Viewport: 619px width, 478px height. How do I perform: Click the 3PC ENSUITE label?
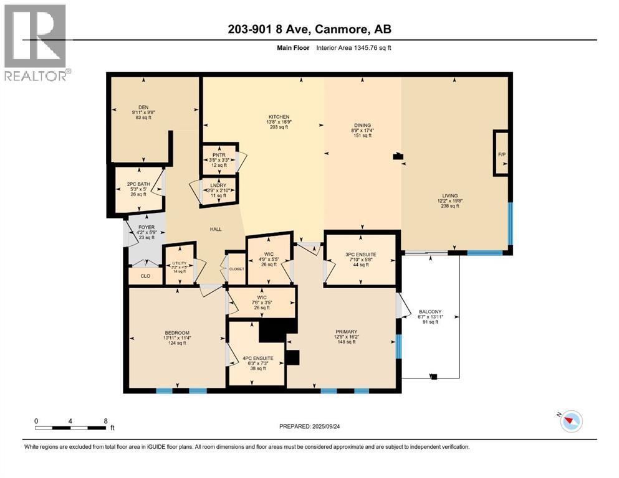point(360,255)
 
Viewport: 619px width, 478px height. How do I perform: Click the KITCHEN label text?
point(279,116)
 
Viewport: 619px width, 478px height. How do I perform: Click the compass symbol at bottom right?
point(570,421)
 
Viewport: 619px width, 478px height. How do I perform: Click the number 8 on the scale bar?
point(105,421)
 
